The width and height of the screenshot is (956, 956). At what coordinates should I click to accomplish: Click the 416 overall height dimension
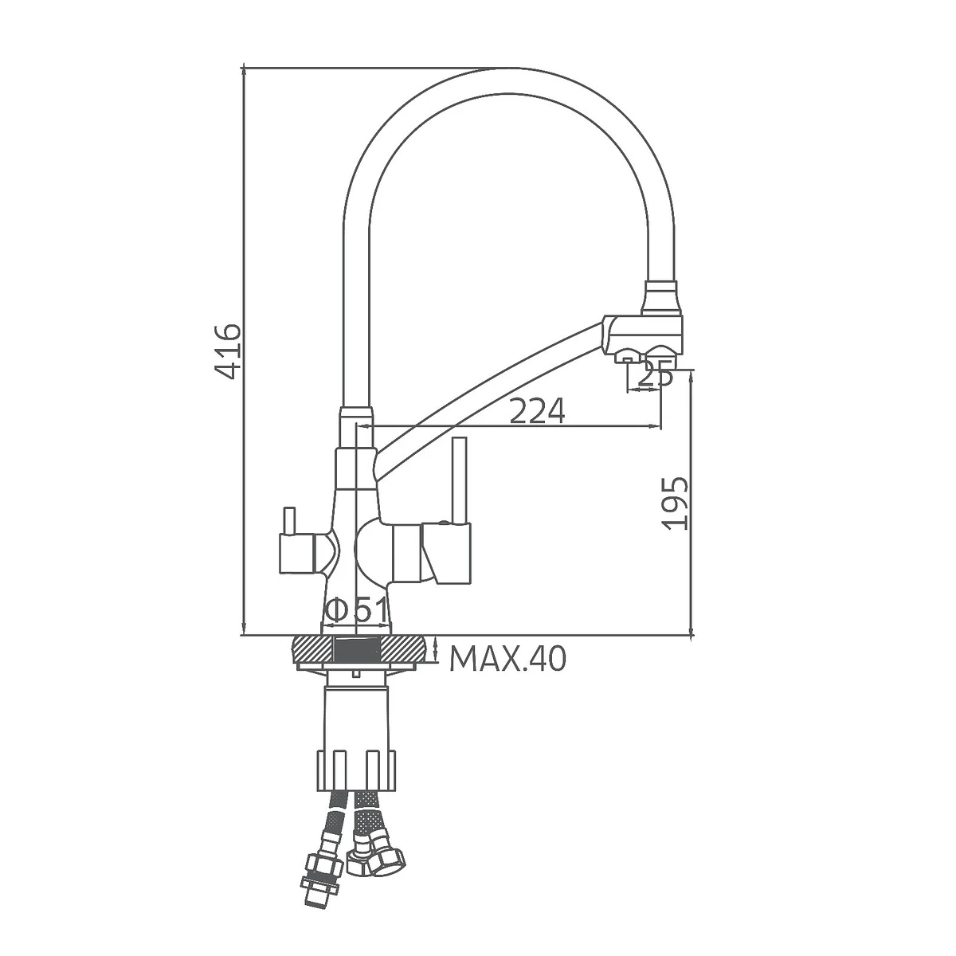(228, 351)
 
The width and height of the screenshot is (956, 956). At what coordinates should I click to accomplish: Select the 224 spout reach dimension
(537, 409)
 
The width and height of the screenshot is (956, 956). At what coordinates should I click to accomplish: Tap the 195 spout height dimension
(676, 503)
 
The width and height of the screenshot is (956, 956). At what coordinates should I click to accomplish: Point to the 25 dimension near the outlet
(655, 377)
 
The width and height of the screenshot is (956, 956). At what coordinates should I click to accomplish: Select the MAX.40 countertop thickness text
(507, 660)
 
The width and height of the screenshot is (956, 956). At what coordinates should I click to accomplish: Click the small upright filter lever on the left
(288, 521)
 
